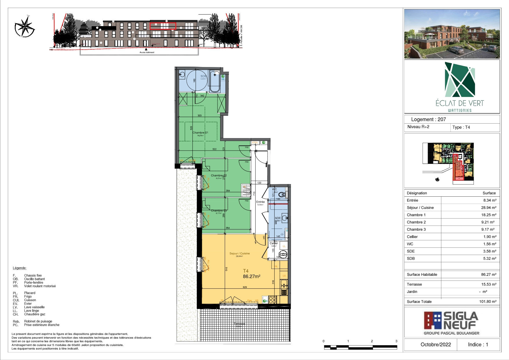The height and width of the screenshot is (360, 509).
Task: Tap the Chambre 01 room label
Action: coord(200,133)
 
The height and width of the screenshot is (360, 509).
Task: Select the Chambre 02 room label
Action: coord(219,176)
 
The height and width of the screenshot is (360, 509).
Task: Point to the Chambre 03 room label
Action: coord(219,211)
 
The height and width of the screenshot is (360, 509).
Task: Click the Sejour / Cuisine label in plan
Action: coord(240,254)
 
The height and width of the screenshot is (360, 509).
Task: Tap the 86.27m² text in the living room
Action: coord(251,276)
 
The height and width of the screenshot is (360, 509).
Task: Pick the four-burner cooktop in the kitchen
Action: coord(272,300)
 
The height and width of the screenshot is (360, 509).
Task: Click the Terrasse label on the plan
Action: coord(239,324)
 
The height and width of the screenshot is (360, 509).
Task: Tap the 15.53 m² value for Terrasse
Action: coord(488,284)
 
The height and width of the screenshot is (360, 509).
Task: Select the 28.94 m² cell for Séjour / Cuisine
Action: coord(488,207)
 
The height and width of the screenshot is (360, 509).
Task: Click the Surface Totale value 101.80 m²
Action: coord(488,301)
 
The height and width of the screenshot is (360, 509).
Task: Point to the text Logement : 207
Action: coord(428,119)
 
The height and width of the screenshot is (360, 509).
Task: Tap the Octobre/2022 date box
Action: coord(436,344)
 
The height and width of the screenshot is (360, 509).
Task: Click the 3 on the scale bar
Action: coord(396,341)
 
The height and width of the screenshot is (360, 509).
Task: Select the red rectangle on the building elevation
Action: coord(163,26)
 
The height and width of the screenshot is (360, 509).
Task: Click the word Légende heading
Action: coord(20,268)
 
